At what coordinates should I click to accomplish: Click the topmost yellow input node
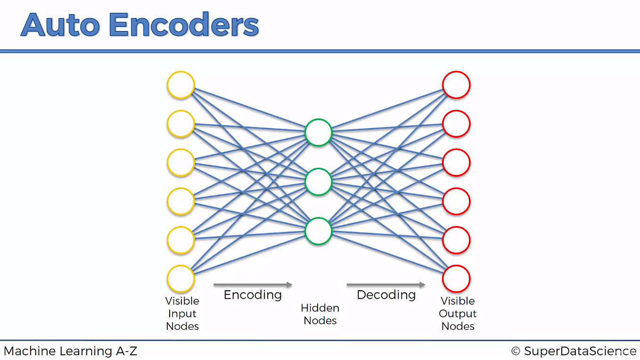pyautogui.click(x=181, y=85)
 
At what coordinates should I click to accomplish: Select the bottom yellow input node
pyautogui.click(x=181, y=279)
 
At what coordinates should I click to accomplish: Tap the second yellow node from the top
pyautogui.click(x=181, y=124)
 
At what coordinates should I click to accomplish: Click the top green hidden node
pyautogui.click(x=319, y=132)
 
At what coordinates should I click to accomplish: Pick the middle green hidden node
pyautogui.click(x=319, y=182)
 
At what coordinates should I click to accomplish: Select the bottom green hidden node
pyautogui.click(x=319, y=231)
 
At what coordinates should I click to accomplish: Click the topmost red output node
pyautogui.click(x=456, y=85)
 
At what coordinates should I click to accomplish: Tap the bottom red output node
pyautogui.click(x=456, y=279)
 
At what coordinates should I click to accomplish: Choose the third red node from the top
pyautogui.click(x=456, y=163)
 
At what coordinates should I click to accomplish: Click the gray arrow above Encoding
pyautogui.click(x=253, y=285)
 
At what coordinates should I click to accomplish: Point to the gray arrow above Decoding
pyautogui.click(x=386, y=285)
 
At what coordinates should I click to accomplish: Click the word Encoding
pyautogui.click(x=253, y=295)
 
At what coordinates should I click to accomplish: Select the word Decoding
pyautogui.click(x=386, y=295)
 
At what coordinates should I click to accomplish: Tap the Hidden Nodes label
pyautogui.click(x=320, y=314)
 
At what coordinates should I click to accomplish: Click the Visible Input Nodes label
pyautogui.click(x=182, y=313)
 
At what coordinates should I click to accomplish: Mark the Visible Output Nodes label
pyautogui.click(x=458, y=313)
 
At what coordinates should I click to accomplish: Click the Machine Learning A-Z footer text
pyautogui.click(x=71, y=351)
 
